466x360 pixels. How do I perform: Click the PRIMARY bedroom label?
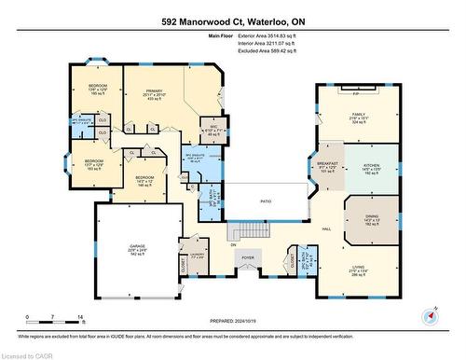tap(155, 91)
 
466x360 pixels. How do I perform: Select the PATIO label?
tap(266, 201)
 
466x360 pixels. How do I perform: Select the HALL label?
tap(327, 228)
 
